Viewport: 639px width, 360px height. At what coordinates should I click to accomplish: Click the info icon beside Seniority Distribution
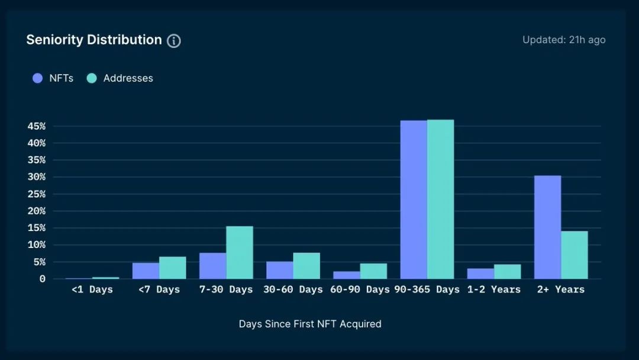[x=173, y=41]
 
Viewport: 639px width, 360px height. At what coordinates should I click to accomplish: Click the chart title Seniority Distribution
[x=94, y=40]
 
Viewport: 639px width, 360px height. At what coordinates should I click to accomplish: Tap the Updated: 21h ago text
[x=564, y=40]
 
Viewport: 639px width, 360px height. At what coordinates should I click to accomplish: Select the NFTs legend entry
[x=53, y=78]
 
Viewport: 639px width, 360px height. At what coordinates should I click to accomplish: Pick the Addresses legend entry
[x=120, y=78]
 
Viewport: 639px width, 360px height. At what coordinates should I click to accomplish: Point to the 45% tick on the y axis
[x=37, y=126]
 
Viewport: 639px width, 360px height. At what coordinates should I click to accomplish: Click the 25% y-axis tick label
[x=37, y=194]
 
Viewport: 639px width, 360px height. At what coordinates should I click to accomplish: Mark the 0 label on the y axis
[x=43, y=279]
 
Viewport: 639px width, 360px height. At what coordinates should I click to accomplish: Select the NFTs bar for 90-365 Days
[x=414, y=200]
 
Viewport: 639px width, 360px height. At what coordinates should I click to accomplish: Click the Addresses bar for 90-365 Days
[x=441, y=200]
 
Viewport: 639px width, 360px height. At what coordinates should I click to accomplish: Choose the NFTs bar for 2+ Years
[x=548, y=227]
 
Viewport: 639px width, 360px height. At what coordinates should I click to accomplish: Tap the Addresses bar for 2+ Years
[x=575, y=255]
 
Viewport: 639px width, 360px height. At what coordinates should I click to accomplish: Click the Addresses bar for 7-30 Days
[x=240, y=253]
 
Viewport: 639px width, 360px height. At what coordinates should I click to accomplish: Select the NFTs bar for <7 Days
[x=146, y=271]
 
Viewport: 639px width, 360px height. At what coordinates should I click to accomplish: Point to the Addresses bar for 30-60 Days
[x=306, y=266]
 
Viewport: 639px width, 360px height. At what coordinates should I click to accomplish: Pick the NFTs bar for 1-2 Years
[x=480, y=274]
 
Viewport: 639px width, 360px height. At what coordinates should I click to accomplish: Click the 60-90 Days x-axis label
[x=360, y=290]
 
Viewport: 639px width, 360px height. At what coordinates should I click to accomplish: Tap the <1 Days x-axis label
[x=92, y=290]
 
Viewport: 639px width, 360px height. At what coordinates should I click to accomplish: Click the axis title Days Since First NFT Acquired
[x=310, y=324]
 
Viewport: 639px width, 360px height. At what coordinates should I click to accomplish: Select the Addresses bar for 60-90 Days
[x=373, y=271]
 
